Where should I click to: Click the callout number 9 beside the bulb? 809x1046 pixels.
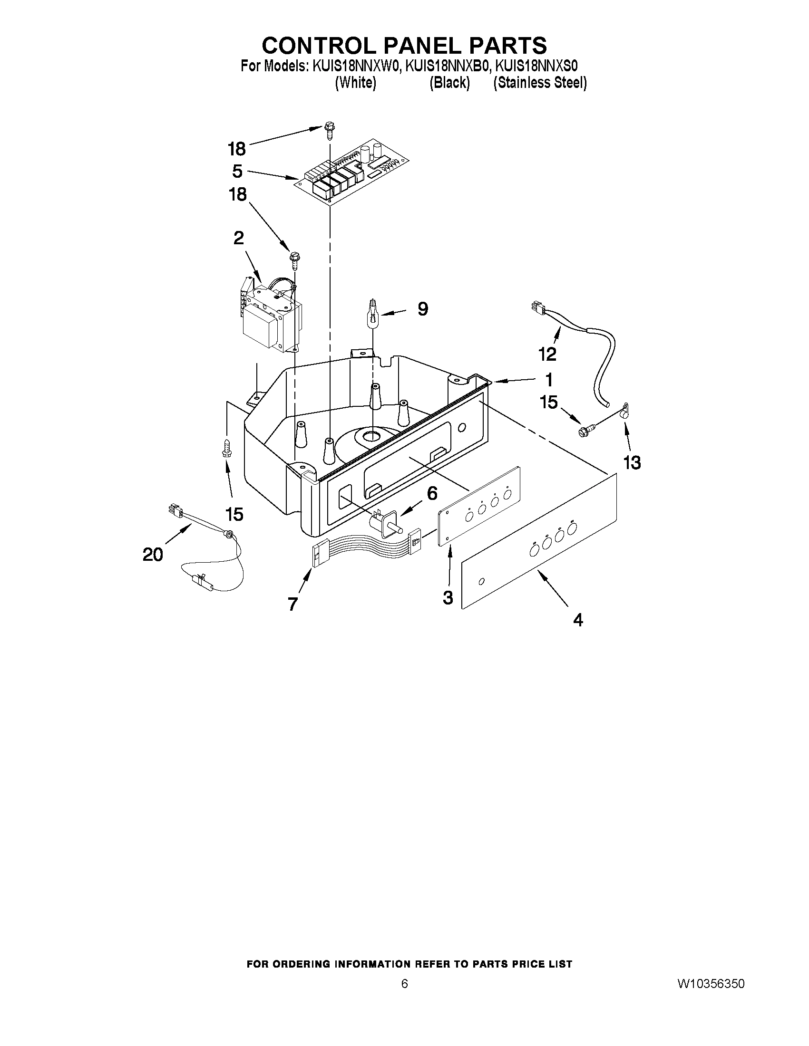coord(422,309)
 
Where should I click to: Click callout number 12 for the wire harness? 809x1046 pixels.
coord(547,354)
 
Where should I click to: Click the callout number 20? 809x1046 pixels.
coord(153,555)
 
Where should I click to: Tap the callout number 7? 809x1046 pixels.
coord(293,604)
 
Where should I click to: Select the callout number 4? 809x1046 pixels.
coord(578,620)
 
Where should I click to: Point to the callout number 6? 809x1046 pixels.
coord(432,493)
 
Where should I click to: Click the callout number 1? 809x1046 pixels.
coord(549,379)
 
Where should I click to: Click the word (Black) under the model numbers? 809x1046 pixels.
coord(449,83)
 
